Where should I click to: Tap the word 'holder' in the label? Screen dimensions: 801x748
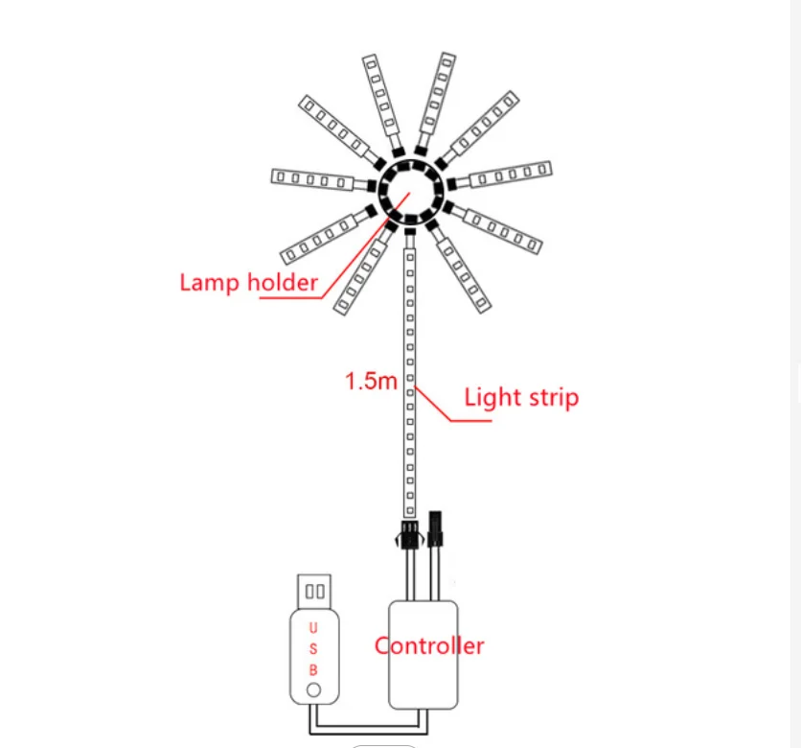[282, 282]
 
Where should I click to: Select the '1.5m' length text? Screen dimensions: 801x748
[371, 381]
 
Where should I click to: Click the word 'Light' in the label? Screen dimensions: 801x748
[492, 397]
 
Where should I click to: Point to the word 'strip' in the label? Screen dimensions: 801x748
[553, 398]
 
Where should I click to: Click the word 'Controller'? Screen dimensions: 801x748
[429, 645]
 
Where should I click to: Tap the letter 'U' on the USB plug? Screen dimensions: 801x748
[313, 628]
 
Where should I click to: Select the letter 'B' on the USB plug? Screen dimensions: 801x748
[313, 670]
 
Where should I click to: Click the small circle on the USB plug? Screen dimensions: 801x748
[313, 690]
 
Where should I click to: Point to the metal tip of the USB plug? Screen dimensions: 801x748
[314, 591]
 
